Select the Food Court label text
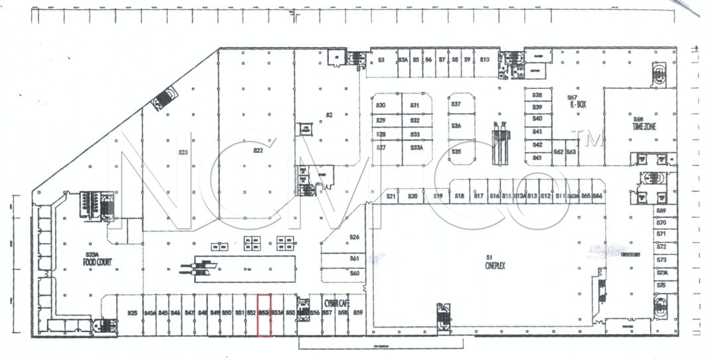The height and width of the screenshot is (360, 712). pos(93,259)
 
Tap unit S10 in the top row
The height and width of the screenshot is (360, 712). pos(484,60)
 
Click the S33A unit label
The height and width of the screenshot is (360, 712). pos(416,147)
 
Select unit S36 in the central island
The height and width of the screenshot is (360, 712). pos(456,126)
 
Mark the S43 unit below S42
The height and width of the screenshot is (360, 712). pos(537,157)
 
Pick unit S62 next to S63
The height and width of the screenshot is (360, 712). pos(558,152)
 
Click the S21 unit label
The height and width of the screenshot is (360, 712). pos(391,197)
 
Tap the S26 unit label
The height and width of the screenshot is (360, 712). pos(355,237)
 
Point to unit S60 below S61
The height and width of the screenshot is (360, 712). pos(355,273)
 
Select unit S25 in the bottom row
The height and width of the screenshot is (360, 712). pos(132,313)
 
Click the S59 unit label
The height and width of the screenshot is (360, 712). pos(357,312)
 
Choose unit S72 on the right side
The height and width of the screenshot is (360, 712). pos(661,246)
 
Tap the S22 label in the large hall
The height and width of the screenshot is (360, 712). pos(258,150)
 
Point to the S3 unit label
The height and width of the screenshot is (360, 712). pos(381,60)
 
